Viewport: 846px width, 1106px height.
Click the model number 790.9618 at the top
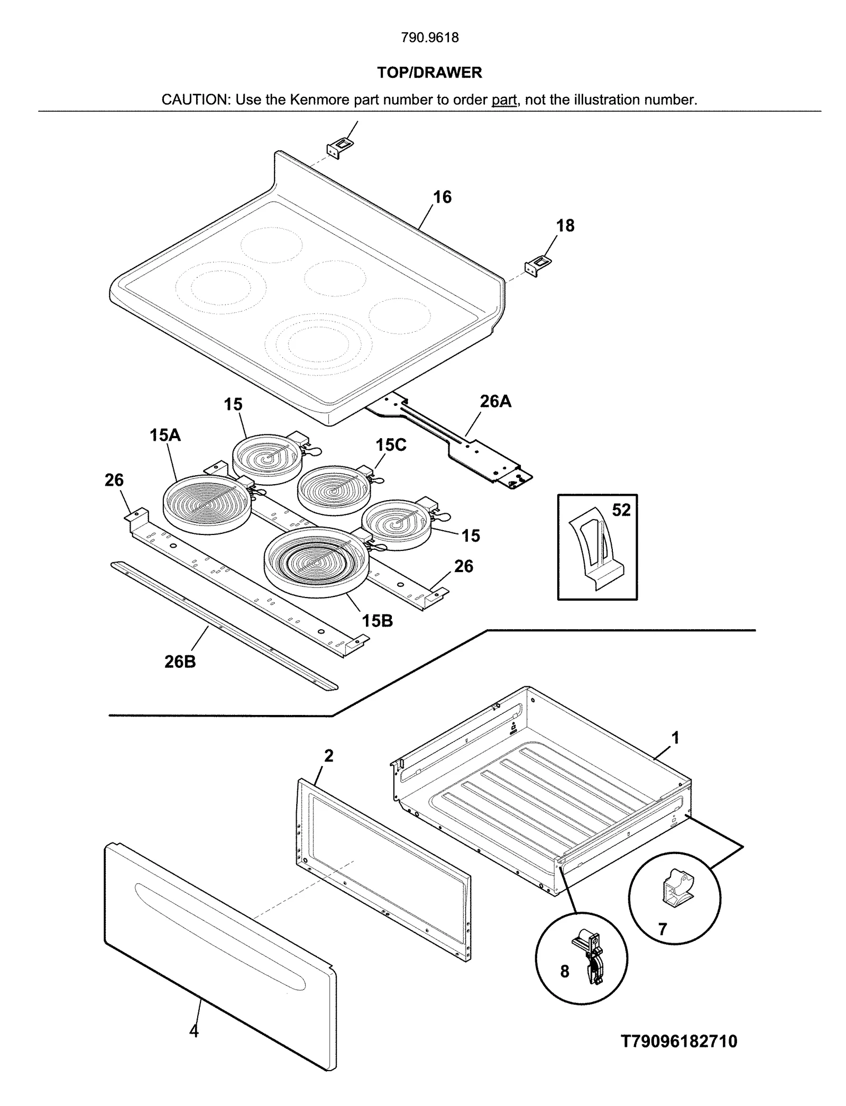[429, 38]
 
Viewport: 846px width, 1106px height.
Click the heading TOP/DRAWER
[429, 72]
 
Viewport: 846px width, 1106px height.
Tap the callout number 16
[442, 197]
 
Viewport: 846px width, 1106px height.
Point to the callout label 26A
[495, 402]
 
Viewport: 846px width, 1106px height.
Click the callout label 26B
[180, 661]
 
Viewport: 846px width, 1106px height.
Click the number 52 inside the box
[621, 510]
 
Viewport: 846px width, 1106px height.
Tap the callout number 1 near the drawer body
[675, 737]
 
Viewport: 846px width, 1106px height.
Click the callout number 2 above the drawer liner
[328, 756]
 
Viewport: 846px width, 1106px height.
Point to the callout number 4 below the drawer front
[194, 1031]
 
